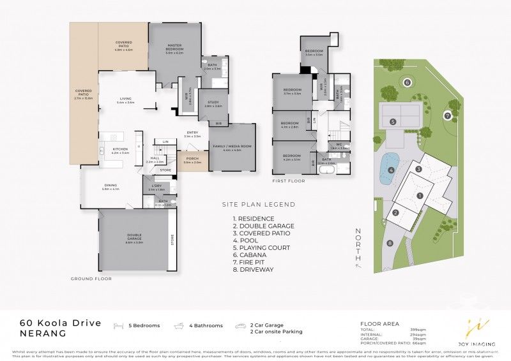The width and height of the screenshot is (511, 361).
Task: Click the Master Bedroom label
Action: (x=174, y=47)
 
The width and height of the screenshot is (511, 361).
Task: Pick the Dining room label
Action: (x=111, y=186)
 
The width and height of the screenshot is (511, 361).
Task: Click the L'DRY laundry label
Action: (x=156, y=187)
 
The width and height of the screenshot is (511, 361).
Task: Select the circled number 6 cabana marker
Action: (x=407, y=82)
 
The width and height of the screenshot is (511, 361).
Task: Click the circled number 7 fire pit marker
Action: (x=448, y=115)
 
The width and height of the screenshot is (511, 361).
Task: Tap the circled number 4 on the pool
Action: (x=390, y=170)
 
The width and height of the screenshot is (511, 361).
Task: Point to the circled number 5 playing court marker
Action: (x=393, y=121)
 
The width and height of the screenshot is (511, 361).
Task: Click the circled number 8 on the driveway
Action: (x=390, y=243)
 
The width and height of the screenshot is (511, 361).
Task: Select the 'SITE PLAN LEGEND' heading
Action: (x=258, y=205)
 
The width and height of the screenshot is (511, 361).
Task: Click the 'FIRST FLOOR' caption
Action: (x=288, y=181)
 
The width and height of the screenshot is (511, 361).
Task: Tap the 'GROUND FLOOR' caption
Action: (x=91, y=279)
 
